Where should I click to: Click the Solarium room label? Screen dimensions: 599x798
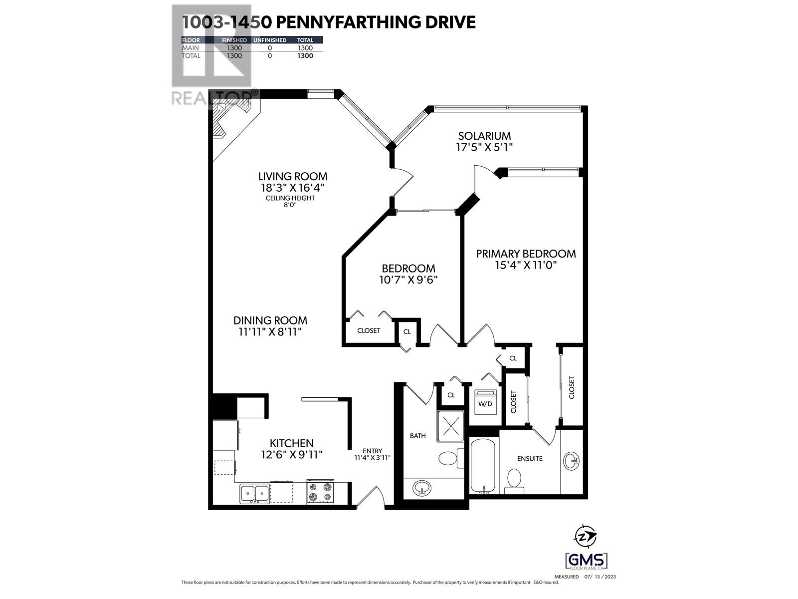(x=484, y=136)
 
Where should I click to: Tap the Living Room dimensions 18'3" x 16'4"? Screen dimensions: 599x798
(x=292, y=188)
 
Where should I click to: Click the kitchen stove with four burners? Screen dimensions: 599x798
(x=320, y=492)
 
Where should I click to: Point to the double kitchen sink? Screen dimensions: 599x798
(x=254, y=493)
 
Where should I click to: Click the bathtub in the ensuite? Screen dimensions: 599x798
(x=483, y=465)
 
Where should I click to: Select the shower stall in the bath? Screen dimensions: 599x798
(x=451, y=426)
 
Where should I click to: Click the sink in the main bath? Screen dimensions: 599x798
(x=422, y=487)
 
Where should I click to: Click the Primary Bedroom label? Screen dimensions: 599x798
(x=526, y=254)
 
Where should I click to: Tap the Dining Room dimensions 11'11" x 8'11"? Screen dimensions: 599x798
(x=270, y=332)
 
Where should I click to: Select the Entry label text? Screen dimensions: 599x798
(x=372, y=451)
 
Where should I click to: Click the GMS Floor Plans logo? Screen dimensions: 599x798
(x=587, y=561)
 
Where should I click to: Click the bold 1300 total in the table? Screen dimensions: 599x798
(x=305, y=56)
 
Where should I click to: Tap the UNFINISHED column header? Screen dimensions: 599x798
(x=270, y=40)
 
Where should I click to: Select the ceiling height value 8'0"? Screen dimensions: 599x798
(x=290, y=205)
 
